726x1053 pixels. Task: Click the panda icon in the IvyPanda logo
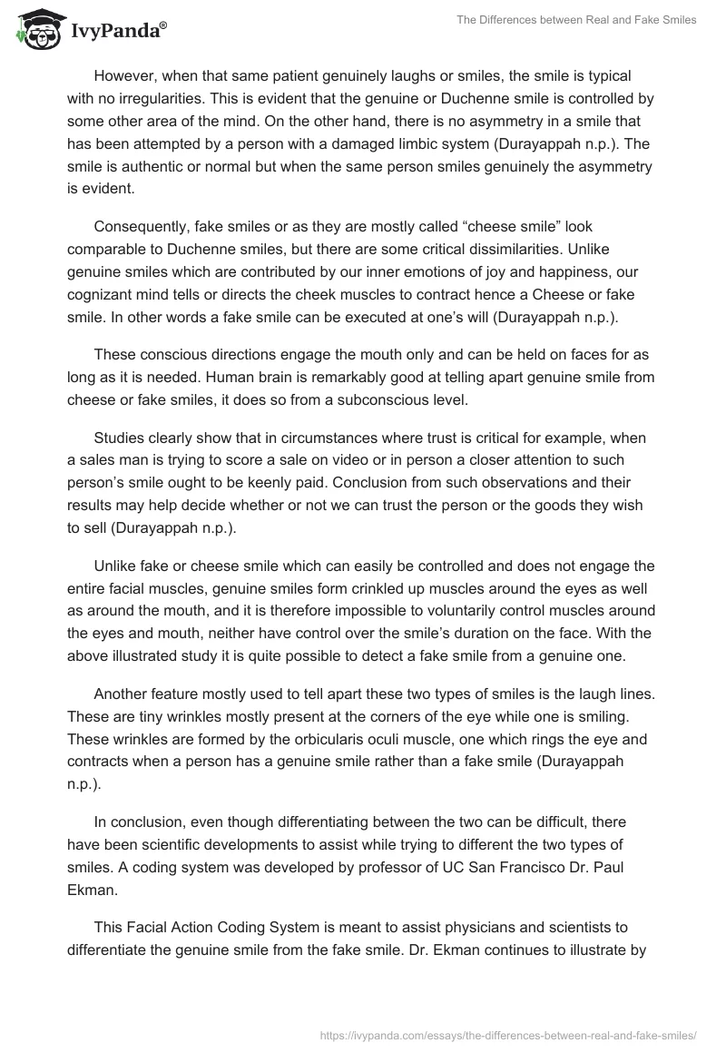34,30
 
